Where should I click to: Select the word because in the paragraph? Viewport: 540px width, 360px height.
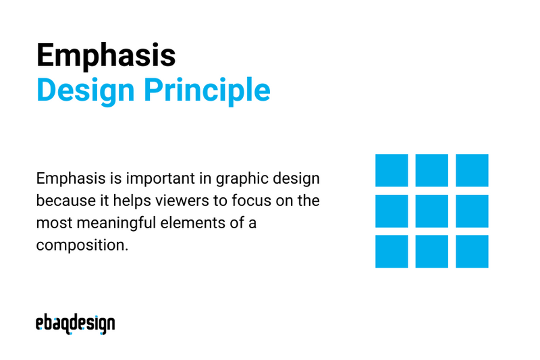[x=61, y=201]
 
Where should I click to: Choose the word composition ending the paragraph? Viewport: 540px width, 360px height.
[x=81, y=245]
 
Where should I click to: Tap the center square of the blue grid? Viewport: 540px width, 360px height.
[x=432, y=211]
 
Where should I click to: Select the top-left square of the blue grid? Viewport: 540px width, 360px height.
[x=391, y=170]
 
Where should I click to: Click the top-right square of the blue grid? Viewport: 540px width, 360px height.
[x=473, y=170]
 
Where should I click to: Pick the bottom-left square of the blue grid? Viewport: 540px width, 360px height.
[x=391, y=251]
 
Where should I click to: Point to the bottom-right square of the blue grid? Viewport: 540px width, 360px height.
[x=473, y=251]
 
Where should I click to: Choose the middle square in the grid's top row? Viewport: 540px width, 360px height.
[x=432, y=170]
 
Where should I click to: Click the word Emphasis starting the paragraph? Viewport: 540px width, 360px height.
[x=68, y=180]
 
